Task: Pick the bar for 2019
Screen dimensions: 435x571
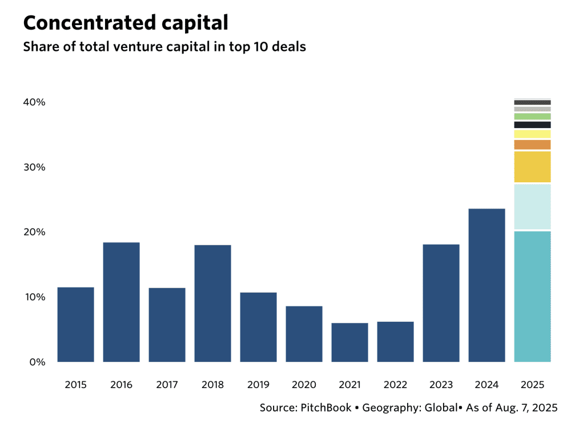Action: click(258, 327)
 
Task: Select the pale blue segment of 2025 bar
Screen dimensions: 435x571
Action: click(532, 207)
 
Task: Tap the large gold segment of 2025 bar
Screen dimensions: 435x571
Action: click(532, 167)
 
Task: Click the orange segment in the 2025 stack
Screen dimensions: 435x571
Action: click(532, 145)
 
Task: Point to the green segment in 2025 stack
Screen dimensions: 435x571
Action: click(532, 116)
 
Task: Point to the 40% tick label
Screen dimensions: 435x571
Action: click(34, 102)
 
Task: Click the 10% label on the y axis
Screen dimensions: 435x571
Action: click(34, 297)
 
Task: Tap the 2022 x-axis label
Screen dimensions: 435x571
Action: click(395, 385)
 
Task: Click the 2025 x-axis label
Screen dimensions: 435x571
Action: click(532, 385)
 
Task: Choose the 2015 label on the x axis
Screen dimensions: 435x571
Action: click(75, 385)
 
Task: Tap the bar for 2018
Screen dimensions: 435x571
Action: click(212, 303)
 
